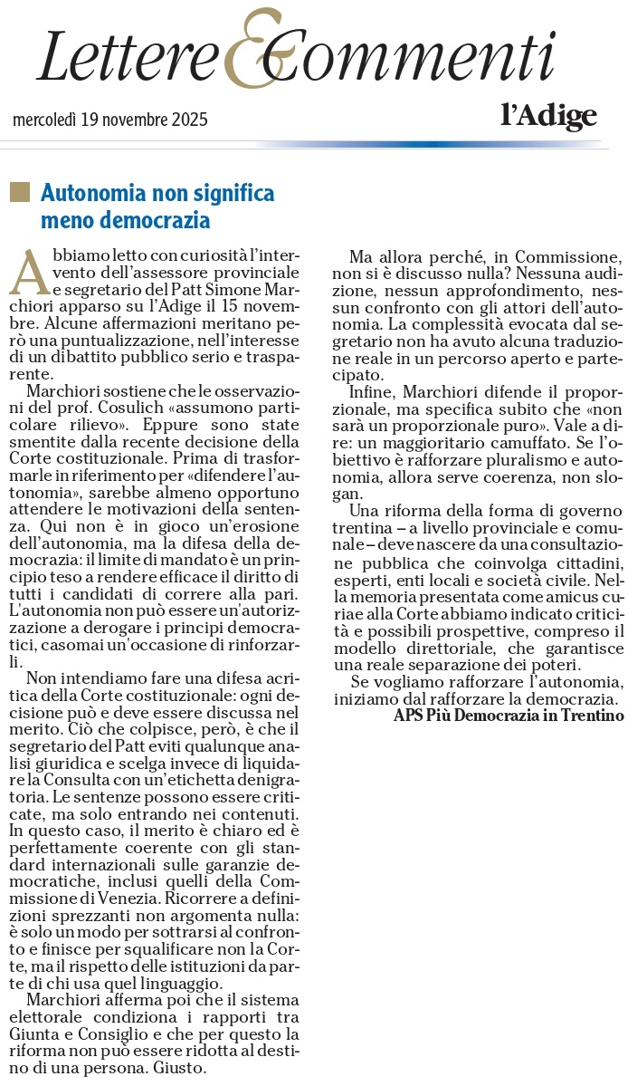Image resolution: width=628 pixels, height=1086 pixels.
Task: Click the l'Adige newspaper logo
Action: (548, 115)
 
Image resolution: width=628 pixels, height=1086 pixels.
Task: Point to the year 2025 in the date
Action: (189, 120)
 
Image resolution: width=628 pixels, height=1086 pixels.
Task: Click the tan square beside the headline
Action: (18, 192)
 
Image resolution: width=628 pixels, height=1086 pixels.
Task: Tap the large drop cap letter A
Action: (29, 271)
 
